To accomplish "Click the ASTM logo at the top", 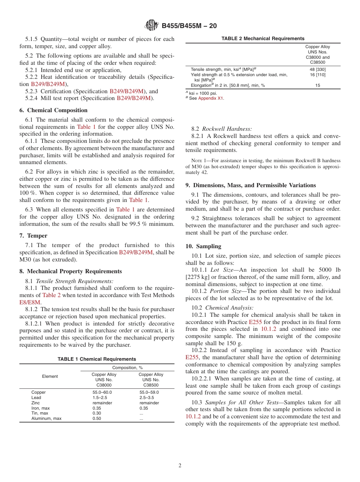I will click(152, 26).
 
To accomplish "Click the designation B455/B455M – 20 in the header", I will click(189, 26).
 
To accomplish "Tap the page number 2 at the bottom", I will click(180, 466).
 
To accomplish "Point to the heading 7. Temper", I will click(33, 236).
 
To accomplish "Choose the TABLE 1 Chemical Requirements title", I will click(97, 359).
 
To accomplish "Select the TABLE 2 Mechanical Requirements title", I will click(263, 39).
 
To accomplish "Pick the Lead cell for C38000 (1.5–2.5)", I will click(100, 398).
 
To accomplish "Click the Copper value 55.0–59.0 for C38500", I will click(149, 393).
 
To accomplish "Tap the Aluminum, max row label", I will click(46, 419).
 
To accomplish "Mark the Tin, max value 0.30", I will click(97, 413).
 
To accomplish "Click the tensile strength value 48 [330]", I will click(318, 69).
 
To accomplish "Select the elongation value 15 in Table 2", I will click(318, 86).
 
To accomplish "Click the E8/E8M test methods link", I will click(30, 302).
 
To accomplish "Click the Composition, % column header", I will click(127, 368).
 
